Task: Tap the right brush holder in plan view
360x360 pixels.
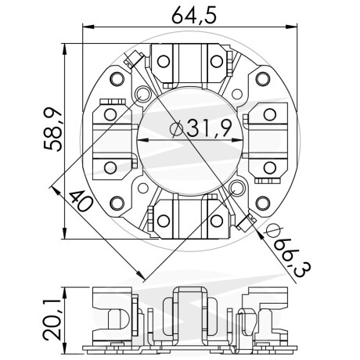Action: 267,141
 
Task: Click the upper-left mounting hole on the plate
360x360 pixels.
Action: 119,78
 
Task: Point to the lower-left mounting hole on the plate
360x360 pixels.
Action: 119,203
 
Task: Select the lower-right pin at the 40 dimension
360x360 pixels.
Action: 237,188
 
